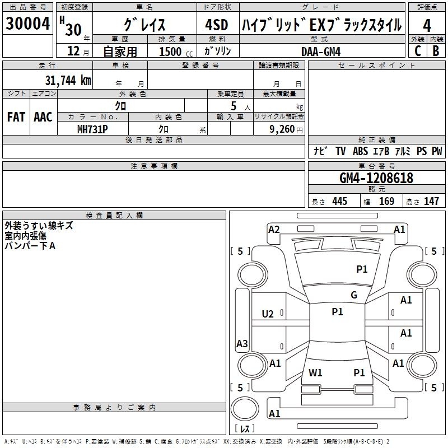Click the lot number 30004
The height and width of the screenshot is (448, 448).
(27, 24)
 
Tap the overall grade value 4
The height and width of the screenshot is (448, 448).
(427, 26)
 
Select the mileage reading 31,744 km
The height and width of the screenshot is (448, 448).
(68, 80)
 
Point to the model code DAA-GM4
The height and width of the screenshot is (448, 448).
(321, 52)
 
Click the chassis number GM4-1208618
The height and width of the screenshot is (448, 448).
(376, 178)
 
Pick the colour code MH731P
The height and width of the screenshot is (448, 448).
(92, 129)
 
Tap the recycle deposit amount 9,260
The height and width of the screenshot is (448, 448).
(282, 129)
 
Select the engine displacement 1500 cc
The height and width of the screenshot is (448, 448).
(176, 52)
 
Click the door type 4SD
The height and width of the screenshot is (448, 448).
(217, 25)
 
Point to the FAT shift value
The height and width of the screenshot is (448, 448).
(16, 117)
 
